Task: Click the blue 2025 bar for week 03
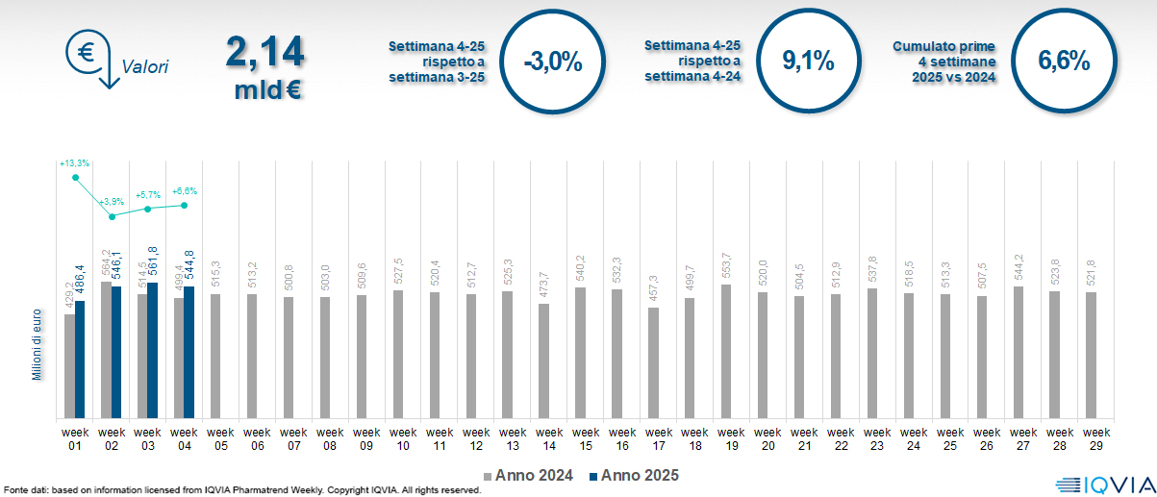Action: click(152, 351)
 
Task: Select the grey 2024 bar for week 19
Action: click(726, 351)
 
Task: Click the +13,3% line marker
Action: click(75, 177)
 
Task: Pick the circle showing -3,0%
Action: click(553, 63)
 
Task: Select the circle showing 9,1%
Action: click(807, 62)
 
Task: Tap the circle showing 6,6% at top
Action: click(1063, 62)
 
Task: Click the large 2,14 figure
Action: click(264, 52)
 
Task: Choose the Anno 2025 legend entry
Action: click(635, 475)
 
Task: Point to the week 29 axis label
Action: click(1093, 438)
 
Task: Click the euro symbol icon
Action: click(85, 52)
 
